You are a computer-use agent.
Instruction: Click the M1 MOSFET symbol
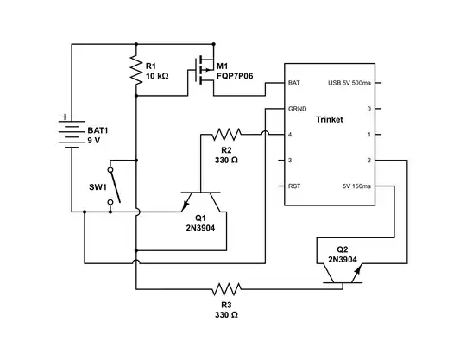[x=204, y=71]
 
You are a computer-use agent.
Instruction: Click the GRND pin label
[x=298, y=110]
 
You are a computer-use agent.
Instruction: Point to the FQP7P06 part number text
[x=236, y=76]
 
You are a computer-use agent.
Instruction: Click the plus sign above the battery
[x=64, y=114]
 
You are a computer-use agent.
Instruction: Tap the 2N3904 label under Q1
[x=200, y=228]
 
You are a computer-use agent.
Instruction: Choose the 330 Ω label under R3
[x=226, y=314]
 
